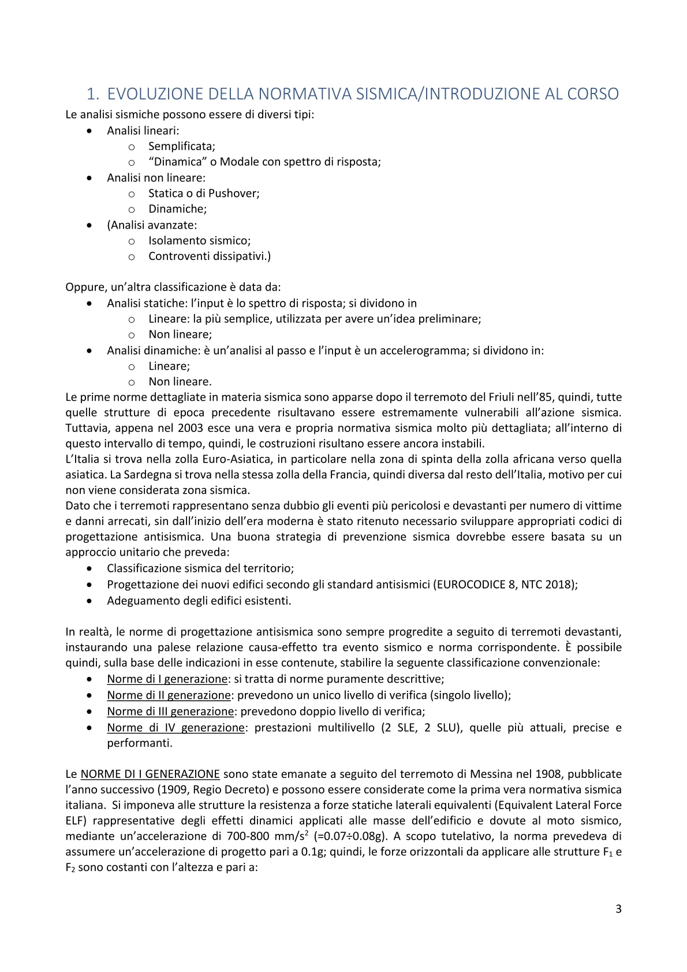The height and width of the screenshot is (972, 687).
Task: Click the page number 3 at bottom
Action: [618, 909]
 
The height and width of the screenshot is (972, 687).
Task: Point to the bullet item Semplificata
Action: [181, 146]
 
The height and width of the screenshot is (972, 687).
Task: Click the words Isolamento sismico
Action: [199, 240]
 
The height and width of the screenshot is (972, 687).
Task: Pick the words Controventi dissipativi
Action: [209, 256]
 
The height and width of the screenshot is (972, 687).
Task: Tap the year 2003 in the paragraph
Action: [190, 428]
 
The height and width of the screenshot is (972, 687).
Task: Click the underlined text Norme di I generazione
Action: [167, 679]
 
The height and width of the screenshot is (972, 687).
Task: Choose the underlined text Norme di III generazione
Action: [170, 712]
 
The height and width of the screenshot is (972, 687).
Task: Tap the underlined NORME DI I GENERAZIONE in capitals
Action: [150, 774]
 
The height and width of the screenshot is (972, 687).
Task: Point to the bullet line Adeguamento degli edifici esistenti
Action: [199, 601]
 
